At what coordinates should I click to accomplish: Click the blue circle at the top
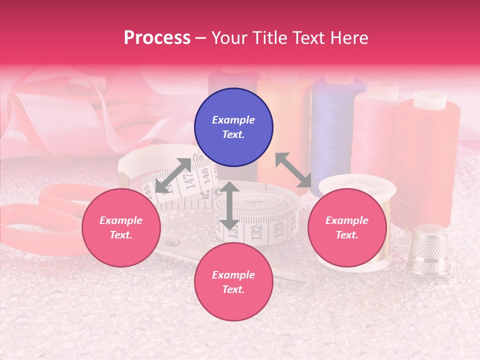pyautogui.click(x=233, y=127)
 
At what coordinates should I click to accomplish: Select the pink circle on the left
pyautogui.click(x=121, y=228)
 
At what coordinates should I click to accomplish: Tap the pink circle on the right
pyautogui.click(x=347, y=228)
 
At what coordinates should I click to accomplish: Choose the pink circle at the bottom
pyautogui.click(x=233, y=282)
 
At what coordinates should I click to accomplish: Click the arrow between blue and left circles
pyautogui.click(x=173, y=175)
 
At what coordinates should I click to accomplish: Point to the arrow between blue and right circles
pyautogui.click(x=293, y=170)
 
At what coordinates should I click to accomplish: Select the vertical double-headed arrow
pyautogui.click(x=229, y=205)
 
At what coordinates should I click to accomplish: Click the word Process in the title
pyautogui.click(x=157, y=38)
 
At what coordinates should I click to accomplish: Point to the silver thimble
pyautogui.click(x=428, y=250)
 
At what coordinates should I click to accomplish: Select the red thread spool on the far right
pyautogui.click(x=429, y=150)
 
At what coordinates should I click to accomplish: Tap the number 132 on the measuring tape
pyautogui.click(x=256, y=231)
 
